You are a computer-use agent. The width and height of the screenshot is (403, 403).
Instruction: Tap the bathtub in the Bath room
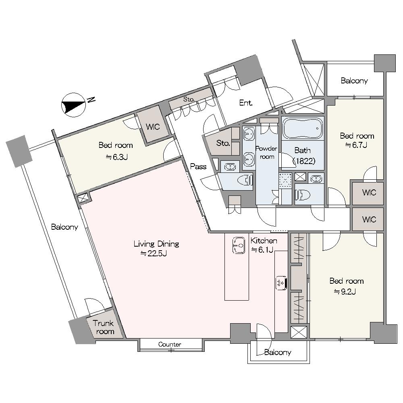point(303,128)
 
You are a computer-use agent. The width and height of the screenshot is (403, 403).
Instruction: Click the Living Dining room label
point(156,244)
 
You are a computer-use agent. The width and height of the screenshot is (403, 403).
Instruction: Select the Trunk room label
point(104,327)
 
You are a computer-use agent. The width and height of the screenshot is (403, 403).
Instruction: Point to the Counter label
point(170,344)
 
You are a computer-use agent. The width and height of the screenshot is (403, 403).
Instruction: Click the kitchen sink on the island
point(239,245)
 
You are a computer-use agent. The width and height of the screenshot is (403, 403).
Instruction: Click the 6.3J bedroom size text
point(117,157)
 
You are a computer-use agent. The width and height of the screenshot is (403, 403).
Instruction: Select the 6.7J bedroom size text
point(356,145)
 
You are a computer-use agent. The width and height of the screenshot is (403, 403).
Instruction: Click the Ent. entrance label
point(246,103)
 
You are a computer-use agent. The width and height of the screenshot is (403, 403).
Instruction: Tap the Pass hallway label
point(198,166)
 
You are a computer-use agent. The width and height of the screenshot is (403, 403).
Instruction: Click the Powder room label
point(266,152)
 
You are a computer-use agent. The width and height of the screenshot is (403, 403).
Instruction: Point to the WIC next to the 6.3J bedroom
point(153,127)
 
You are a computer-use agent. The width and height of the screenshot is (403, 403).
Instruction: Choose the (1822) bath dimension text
point(304,161)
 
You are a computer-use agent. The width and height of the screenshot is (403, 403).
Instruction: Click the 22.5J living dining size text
point(154,253)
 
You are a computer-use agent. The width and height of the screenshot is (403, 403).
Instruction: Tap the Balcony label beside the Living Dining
point(64,227)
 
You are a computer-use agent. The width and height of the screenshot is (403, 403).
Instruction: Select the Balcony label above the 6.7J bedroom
point(354,81)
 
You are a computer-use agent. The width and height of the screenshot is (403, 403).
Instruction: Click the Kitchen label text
point(264,241)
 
